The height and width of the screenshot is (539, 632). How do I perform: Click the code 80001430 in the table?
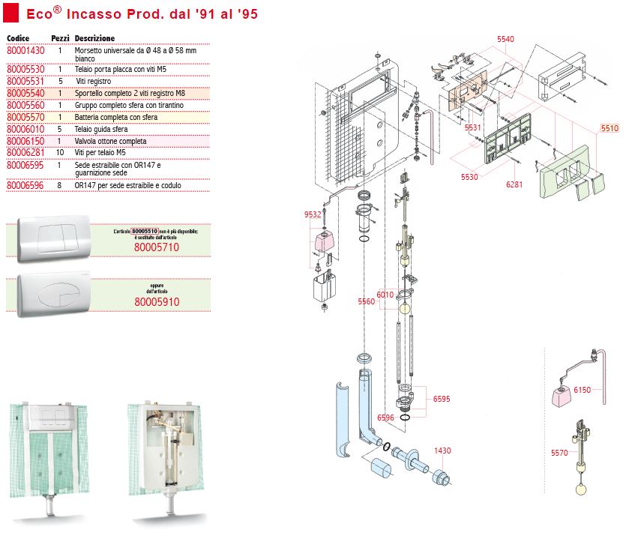pyautogui.click(x=25, y=50)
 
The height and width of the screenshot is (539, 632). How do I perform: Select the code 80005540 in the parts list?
pyautogui.click(x=25, y=93)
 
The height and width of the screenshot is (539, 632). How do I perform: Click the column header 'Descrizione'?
pyautogui.click(x=95, y=37)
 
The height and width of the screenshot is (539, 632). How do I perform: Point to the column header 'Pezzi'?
pyautogui.click(x=60, y=37)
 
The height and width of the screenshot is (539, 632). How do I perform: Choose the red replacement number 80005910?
pyautogui.click(x=157, y=301)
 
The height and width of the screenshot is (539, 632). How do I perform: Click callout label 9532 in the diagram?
pyautogui.click(x=313, y=215)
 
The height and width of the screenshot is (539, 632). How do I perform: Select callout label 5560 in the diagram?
pyautogui.click(x=366, y=302)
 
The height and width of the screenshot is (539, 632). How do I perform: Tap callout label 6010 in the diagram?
pyautogui.click(x=385, y=295)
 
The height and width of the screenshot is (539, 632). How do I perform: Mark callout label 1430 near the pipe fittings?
pyautogui.click(x=443, y=451)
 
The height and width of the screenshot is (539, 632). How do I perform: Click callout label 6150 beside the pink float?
pyautogui.click(x=582, y=391)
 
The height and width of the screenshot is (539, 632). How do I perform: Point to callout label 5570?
pyautogui.click(x=559, y=453)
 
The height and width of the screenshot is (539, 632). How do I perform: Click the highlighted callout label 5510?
pyautogui.click(x=610, y=128)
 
